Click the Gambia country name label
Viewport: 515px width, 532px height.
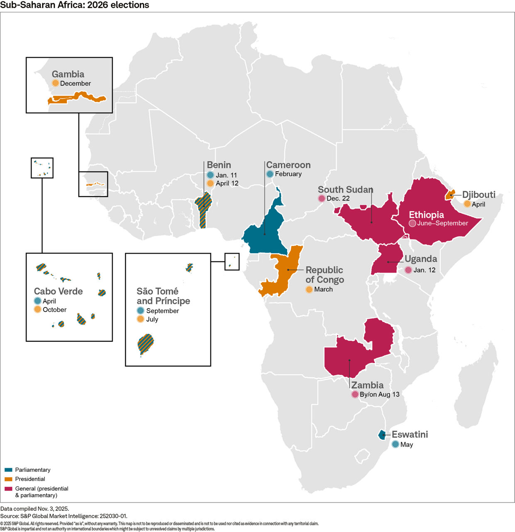point(68,74)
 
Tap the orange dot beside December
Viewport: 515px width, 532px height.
point(55,83)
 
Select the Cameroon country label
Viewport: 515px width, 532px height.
point(288,165)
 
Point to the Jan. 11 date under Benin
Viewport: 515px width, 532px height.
point(226,175)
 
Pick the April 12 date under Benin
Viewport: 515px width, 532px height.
point(227,183)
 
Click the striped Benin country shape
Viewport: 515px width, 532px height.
point(203,210)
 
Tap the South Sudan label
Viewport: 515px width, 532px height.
point(345,190)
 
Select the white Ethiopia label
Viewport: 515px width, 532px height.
point(426,215)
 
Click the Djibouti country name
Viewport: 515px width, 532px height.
point(478,195)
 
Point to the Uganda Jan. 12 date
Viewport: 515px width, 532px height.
point(424,270)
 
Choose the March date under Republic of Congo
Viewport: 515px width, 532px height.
point(323,289)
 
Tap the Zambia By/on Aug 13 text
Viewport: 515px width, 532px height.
point(379,394)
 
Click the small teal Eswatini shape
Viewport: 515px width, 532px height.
point(382,435)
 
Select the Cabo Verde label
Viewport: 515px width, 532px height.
point(58,291)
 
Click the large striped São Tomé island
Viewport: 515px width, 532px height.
point(145,344)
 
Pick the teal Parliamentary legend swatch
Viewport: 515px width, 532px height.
point(8,470)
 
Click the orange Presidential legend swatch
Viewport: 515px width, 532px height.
point(8,479)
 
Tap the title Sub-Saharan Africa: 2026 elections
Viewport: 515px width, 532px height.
point(75,5)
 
